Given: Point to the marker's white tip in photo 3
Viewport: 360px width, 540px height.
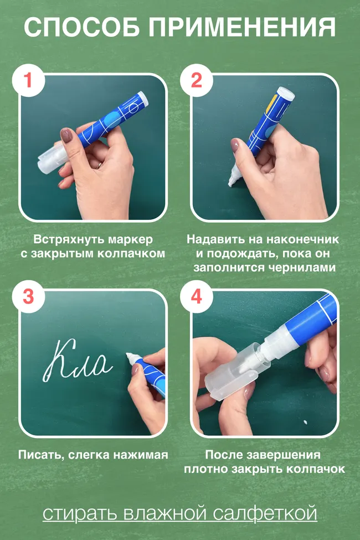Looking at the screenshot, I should pos(132,357).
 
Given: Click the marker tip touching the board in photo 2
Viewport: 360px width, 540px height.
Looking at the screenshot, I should pos(231,182).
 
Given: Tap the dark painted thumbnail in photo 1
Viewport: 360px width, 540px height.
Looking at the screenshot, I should pos(66,135).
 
